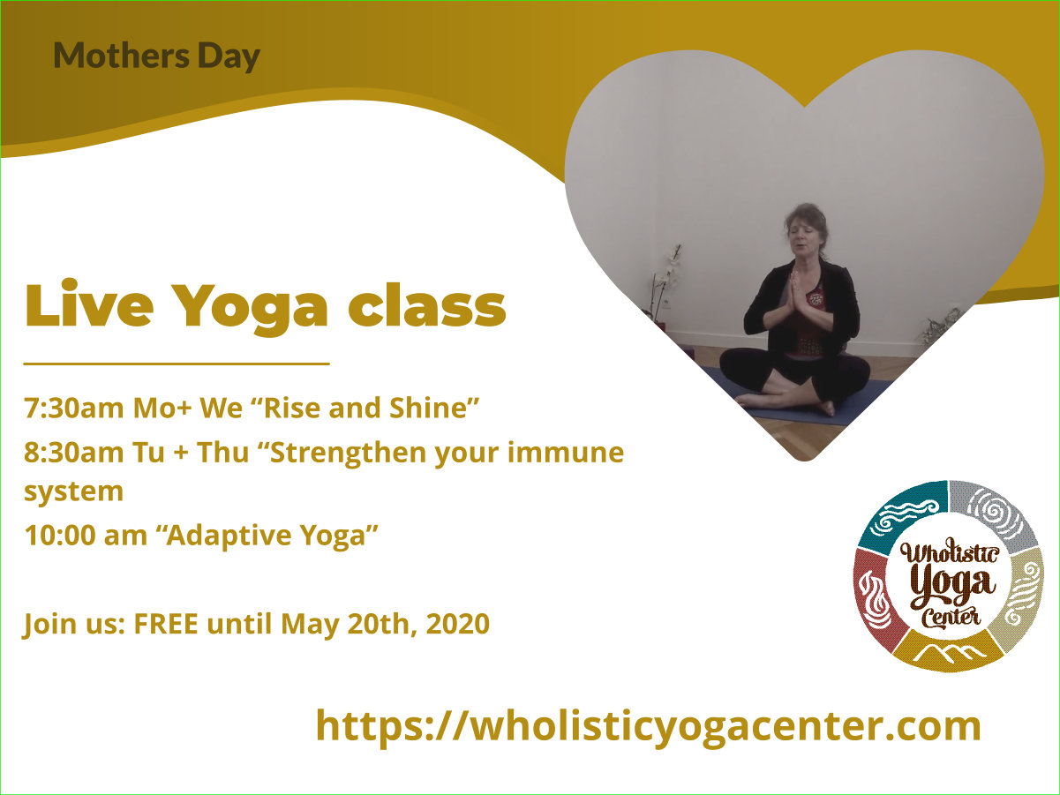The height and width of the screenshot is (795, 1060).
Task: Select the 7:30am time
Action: (74, 409)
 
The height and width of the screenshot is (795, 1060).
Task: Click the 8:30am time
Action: (74, 453)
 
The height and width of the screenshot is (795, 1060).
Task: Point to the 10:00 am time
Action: (86, 536)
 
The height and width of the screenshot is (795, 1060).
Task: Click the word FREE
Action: (166, 624)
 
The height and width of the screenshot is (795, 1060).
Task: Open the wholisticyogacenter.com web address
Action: (649, 726)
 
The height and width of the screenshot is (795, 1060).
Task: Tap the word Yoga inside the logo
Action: (952, 587)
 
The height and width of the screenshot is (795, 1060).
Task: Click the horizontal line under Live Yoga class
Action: (177, 364)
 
